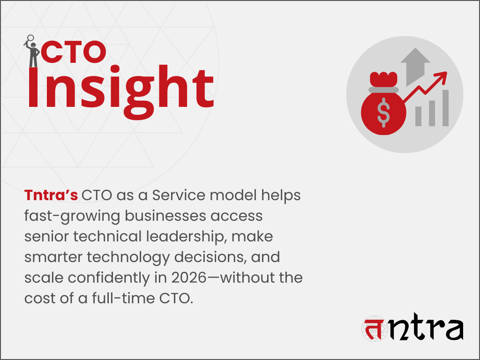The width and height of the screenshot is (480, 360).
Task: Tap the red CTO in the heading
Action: pyautogui.click(x=73, y=52)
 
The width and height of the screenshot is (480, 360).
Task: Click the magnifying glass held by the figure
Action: pyautogui.click(x=31, y=39)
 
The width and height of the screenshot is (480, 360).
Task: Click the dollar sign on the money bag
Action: pyautogui.click(x=383, y=113)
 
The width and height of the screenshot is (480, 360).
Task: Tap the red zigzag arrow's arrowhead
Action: pyautogui.click(x=441, y=78)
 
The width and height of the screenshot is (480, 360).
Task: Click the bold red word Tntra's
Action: pyautogui.click(x=51, y=195)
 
